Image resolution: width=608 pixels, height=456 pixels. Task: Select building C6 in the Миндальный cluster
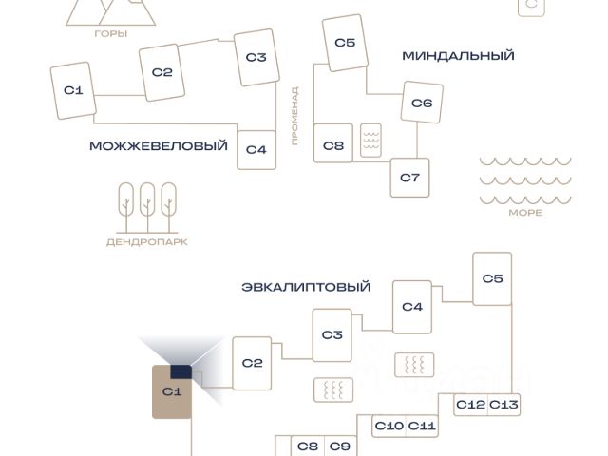click(422, 103)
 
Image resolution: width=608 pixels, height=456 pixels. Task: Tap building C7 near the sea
click(410, 177)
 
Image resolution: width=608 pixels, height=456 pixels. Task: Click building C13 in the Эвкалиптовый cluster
click(503, 405)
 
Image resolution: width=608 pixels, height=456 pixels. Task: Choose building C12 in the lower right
click(470, 405)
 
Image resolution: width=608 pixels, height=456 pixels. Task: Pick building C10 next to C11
click(389, 426)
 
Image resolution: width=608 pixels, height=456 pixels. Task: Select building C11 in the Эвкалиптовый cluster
click(422, 426)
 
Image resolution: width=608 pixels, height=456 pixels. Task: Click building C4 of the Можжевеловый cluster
click(256, 149)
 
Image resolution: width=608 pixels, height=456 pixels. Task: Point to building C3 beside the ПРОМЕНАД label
click(256, 57)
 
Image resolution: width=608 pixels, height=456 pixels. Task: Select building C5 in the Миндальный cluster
click(345, 43)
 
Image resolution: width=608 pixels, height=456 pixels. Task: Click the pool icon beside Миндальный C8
click(371, 141)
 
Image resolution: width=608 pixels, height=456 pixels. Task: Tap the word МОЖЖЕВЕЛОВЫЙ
click(159, 146)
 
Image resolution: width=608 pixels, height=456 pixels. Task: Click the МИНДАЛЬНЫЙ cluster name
click(458, 55)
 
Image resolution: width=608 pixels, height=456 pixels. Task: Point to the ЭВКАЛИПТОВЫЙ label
click(306, 287)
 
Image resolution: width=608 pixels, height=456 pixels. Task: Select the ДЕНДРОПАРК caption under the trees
click(146, 242)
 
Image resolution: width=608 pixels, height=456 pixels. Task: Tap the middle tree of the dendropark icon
click(147, 205)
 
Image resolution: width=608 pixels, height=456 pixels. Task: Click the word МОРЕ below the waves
click(525, 213)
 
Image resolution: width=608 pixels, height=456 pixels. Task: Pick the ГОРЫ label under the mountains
click(111, 33)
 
